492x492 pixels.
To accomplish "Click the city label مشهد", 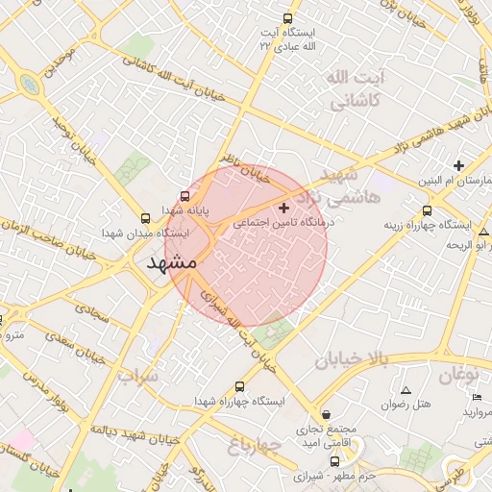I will (x=172, y=261).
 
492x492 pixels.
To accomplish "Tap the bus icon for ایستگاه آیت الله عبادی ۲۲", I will (x=287, y=18).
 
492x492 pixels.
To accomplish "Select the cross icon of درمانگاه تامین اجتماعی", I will (x=283, y=208).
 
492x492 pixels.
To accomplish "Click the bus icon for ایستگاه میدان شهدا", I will (x=145, y=218).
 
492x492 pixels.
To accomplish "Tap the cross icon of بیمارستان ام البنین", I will (x=458, y=166).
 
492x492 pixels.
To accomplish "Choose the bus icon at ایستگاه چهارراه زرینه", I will (x=427, y=211).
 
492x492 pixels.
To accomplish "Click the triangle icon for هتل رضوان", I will (x=406, y=391).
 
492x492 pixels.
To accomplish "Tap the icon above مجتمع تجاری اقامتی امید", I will (x=326, y=414).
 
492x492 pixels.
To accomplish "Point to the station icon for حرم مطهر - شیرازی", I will (x=334, y=461).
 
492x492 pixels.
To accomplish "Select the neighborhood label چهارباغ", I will (x=254, y=444).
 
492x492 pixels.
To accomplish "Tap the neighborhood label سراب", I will (x=137, y=377).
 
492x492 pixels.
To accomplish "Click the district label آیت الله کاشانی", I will (x=355, y=87).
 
